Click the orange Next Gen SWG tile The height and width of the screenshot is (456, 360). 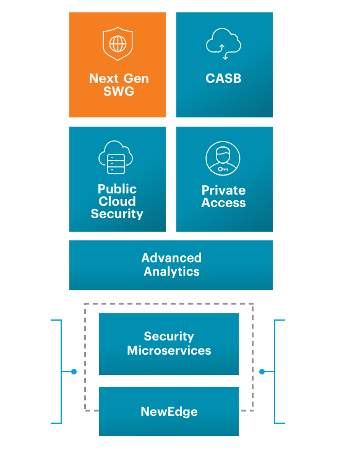[118, 65]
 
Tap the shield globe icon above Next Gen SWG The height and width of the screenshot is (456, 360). [118, 44]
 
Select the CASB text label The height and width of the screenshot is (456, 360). [223, 79]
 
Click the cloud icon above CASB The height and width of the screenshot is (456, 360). [223, 45]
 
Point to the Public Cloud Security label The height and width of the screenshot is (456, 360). [117, 201]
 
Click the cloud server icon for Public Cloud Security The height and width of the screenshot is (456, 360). [116, 159]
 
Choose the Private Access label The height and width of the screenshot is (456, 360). [223, 196]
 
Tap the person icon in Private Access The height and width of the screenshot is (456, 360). [223, 159]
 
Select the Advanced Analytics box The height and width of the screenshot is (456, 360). [171, 265]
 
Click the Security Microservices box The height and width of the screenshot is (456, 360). [169, 344]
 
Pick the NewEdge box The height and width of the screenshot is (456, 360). [169, 412]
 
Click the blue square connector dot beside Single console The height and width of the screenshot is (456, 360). [74, 371]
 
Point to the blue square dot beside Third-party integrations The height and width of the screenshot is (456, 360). [262, 371]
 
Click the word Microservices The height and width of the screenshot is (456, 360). [169, 350]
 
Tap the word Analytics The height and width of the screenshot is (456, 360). [171, 272]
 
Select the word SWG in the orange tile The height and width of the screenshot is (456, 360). [119, 92]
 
